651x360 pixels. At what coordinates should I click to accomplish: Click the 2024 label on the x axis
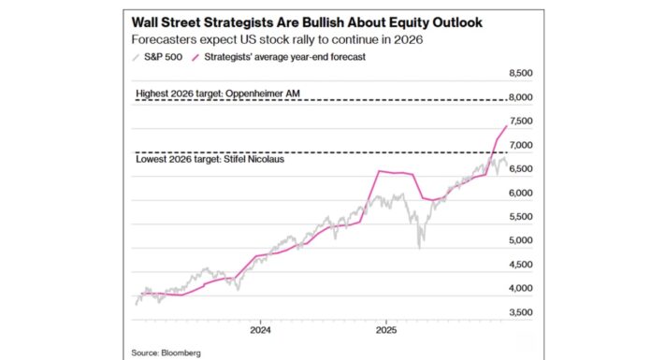[x=260, y=330]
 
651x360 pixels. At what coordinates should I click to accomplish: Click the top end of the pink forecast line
[x=507, y=125]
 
